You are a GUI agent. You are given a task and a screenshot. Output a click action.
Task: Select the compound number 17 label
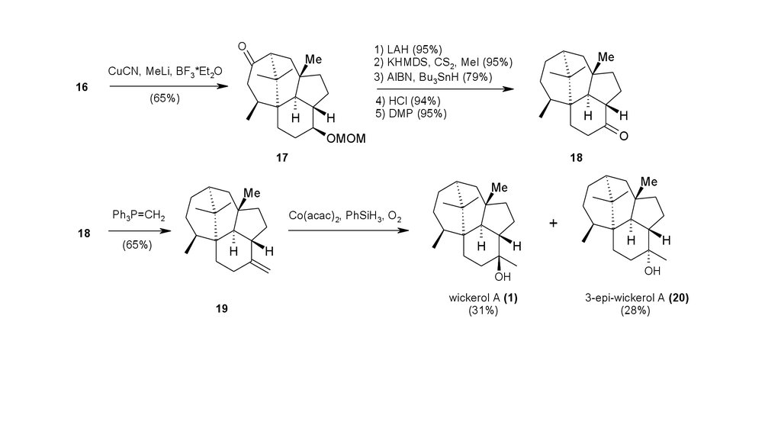(283, 157)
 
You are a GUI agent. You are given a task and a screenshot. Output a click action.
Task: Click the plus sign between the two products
(553, 223)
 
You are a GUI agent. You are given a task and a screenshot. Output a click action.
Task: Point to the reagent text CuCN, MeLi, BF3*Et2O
(166, 72)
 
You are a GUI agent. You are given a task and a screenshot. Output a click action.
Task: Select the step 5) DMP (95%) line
(411, 113)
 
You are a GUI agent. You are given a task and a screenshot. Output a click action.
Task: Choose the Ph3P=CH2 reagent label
(138, 216)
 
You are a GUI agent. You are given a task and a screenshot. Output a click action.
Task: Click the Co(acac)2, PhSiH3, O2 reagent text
(346, 217)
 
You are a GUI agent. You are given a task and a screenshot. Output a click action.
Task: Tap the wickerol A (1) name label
(484, 299)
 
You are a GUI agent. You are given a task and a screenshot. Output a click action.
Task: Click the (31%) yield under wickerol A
(484, 311)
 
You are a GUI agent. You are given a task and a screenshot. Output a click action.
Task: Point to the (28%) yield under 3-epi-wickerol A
(635, 311)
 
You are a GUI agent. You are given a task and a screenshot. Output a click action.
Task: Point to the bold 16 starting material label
(82, 87)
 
